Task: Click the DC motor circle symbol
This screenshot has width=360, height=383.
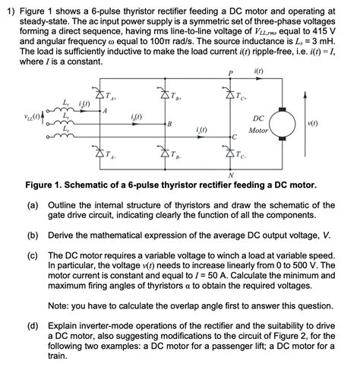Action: pyautogui.click(x=287, y=124)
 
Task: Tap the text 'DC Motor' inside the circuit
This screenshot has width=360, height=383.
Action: pyautogui.click(x=258, y=125)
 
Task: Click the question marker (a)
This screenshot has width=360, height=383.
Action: pyautogui.click(x=33, y=205)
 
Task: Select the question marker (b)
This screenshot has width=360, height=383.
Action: pyautogui.click(x=33, y=236)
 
